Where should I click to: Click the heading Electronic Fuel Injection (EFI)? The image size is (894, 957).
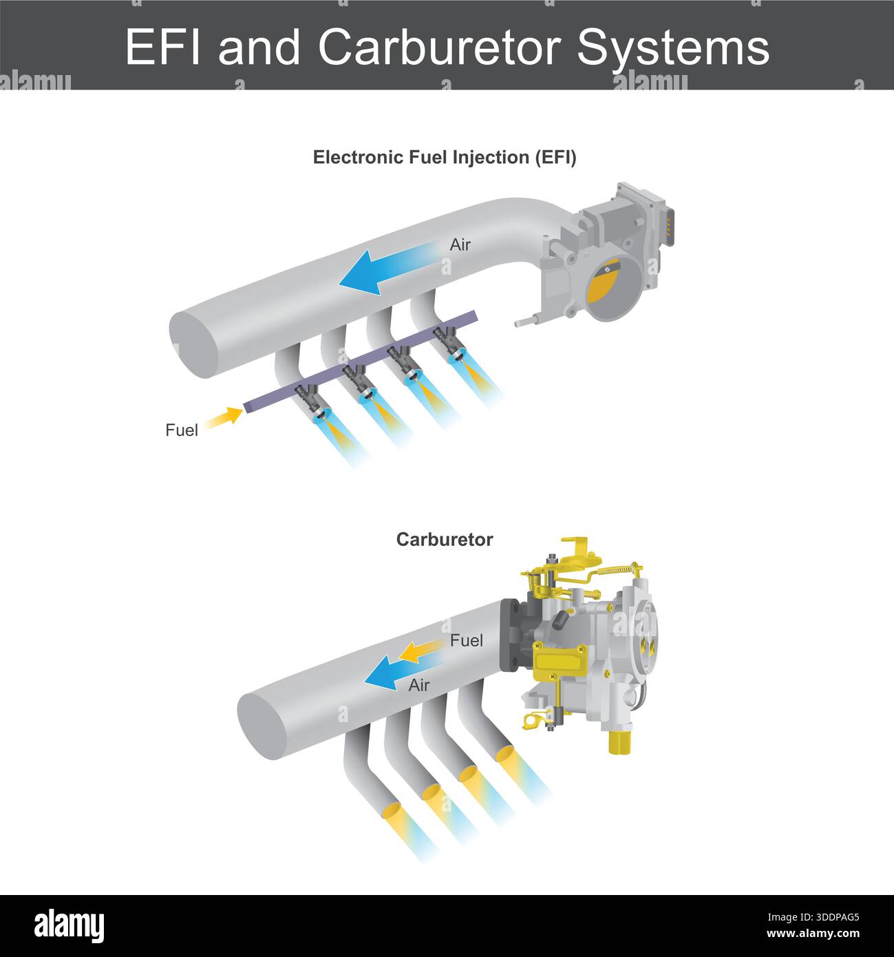[445, 158]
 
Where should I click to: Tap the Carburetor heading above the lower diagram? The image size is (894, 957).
[445, 540]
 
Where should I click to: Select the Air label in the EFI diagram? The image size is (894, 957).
[460, 245]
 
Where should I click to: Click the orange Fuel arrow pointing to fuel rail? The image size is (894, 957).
[224, 418]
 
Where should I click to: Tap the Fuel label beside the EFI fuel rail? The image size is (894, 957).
[182, 430]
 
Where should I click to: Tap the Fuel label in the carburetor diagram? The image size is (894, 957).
[467, 641]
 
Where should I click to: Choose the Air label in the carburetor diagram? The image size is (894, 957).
[418, 686]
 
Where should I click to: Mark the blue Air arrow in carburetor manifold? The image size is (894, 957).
[389, 674]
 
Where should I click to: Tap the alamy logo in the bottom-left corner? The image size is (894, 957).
[70, 926]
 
